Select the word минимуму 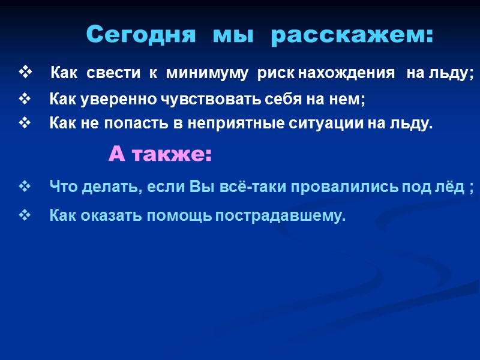click(x=207, y=74)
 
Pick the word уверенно click(x=112, y=98)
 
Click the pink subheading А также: click(x=160, y=155)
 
